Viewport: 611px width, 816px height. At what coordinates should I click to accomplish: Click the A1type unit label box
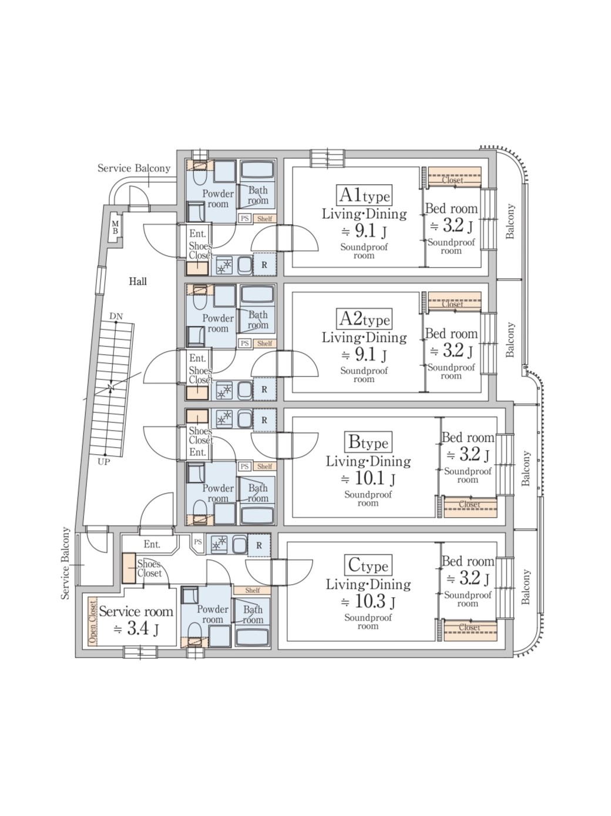pyautogui.click(x=364, y=195)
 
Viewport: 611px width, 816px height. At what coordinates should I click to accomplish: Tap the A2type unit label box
pyautogui.click(x=364, y=319)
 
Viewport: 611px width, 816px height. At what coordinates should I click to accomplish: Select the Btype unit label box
pyautogui.click(x=368, y=442)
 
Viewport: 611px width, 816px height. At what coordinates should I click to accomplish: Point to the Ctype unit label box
pyautogui.click(x=368, y=565)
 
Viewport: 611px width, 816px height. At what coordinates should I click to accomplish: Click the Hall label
pyautogui.click(x=137, y=281)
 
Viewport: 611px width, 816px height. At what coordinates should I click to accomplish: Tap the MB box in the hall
pyautogui.click(x=116, y=228)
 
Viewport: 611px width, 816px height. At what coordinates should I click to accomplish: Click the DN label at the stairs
pyautogui.click(x=116, y=317)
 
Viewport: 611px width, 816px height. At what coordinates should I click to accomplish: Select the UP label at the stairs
pyautogui.click(x=103, y=462)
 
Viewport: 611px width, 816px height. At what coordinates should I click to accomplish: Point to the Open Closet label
pyautogui.click(x=92, y=621)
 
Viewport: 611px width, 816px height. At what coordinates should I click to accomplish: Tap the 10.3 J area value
pyautogui.click(x=368, y=602)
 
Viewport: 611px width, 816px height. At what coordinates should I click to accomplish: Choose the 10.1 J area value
pyautogui.click(x=368, y=478)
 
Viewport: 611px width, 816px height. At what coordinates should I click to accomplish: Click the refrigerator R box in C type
pyautogui.click(x=259, y=545)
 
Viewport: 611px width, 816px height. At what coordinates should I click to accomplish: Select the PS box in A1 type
pyautogui.click(x=244, y=218)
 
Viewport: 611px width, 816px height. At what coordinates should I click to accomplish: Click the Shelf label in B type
pyautogui.click(x=264, y=466)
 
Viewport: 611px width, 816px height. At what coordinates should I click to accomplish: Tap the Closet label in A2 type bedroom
pyautogui.click(x=453, y=304)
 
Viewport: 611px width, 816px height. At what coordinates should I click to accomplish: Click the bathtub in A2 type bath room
pyautogui.click(x=257, y=294)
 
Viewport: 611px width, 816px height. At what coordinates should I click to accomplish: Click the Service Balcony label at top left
pyautogui.click(x=134, y=168)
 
